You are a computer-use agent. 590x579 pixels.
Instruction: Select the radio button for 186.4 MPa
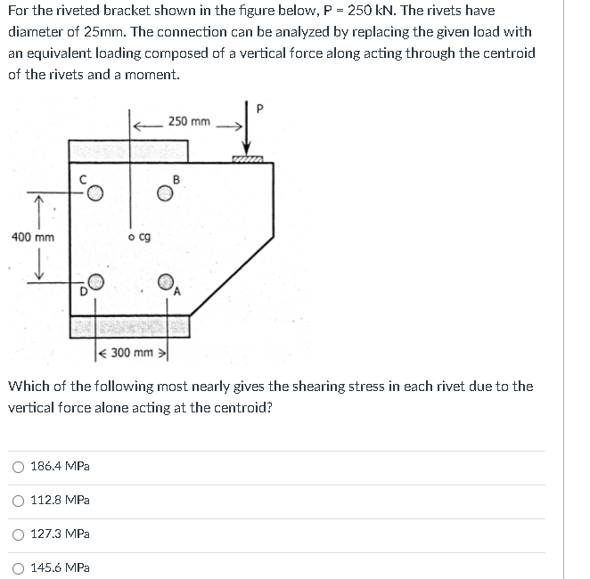click(19, 466)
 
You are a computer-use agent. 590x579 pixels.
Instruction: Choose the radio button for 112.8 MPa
click(19, 500)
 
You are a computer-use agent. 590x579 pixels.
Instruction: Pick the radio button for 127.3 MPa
click(19, 534)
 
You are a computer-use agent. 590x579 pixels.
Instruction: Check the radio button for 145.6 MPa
click(19, 567)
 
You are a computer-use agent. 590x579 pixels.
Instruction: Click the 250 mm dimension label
click(189, 121)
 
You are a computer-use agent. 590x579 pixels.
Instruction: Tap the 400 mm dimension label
click(32, 237)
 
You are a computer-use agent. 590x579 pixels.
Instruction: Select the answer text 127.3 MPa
click(60, 534)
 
